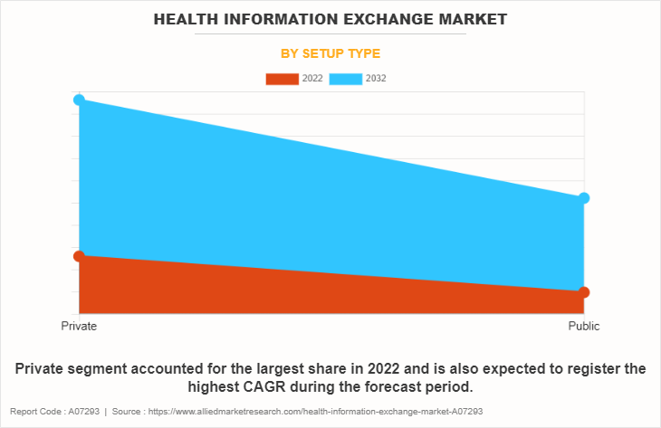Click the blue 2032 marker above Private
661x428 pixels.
[79, 100]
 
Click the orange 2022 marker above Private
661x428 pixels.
[79, 256]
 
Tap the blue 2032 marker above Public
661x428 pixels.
[584, 198]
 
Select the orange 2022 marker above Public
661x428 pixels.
[584, 291]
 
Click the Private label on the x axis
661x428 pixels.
[79, 326]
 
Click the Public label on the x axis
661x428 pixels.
[584, 326]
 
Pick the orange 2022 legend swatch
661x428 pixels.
[282, 79]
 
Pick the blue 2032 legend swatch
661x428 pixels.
[346, 79]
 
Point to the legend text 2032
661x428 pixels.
[376, 79]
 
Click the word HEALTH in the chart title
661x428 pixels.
[186, 18]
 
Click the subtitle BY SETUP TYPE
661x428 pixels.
[330, 53]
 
